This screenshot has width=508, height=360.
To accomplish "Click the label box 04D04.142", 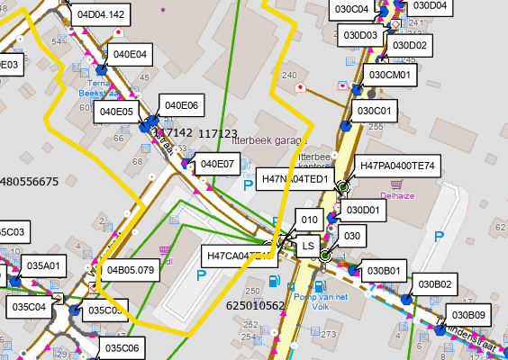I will [x=102, y=15].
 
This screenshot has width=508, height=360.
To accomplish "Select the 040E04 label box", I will [x=129, y=54].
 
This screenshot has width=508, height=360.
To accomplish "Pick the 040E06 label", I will [x=181, y=105].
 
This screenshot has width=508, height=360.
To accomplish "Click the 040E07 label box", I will [x=217, y=164].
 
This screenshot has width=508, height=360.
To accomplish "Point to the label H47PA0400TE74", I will [x=397, y=166].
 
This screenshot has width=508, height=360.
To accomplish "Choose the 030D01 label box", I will [x=365, y=210].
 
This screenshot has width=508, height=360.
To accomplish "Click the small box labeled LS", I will [x=308, y=245].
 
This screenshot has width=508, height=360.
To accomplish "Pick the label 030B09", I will [x=469, y=315].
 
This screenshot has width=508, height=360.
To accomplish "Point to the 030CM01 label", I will [x=390, y=75].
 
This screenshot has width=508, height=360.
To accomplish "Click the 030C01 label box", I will [x=376, y=111].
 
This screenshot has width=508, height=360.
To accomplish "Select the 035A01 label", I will [x=43, y=265].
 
